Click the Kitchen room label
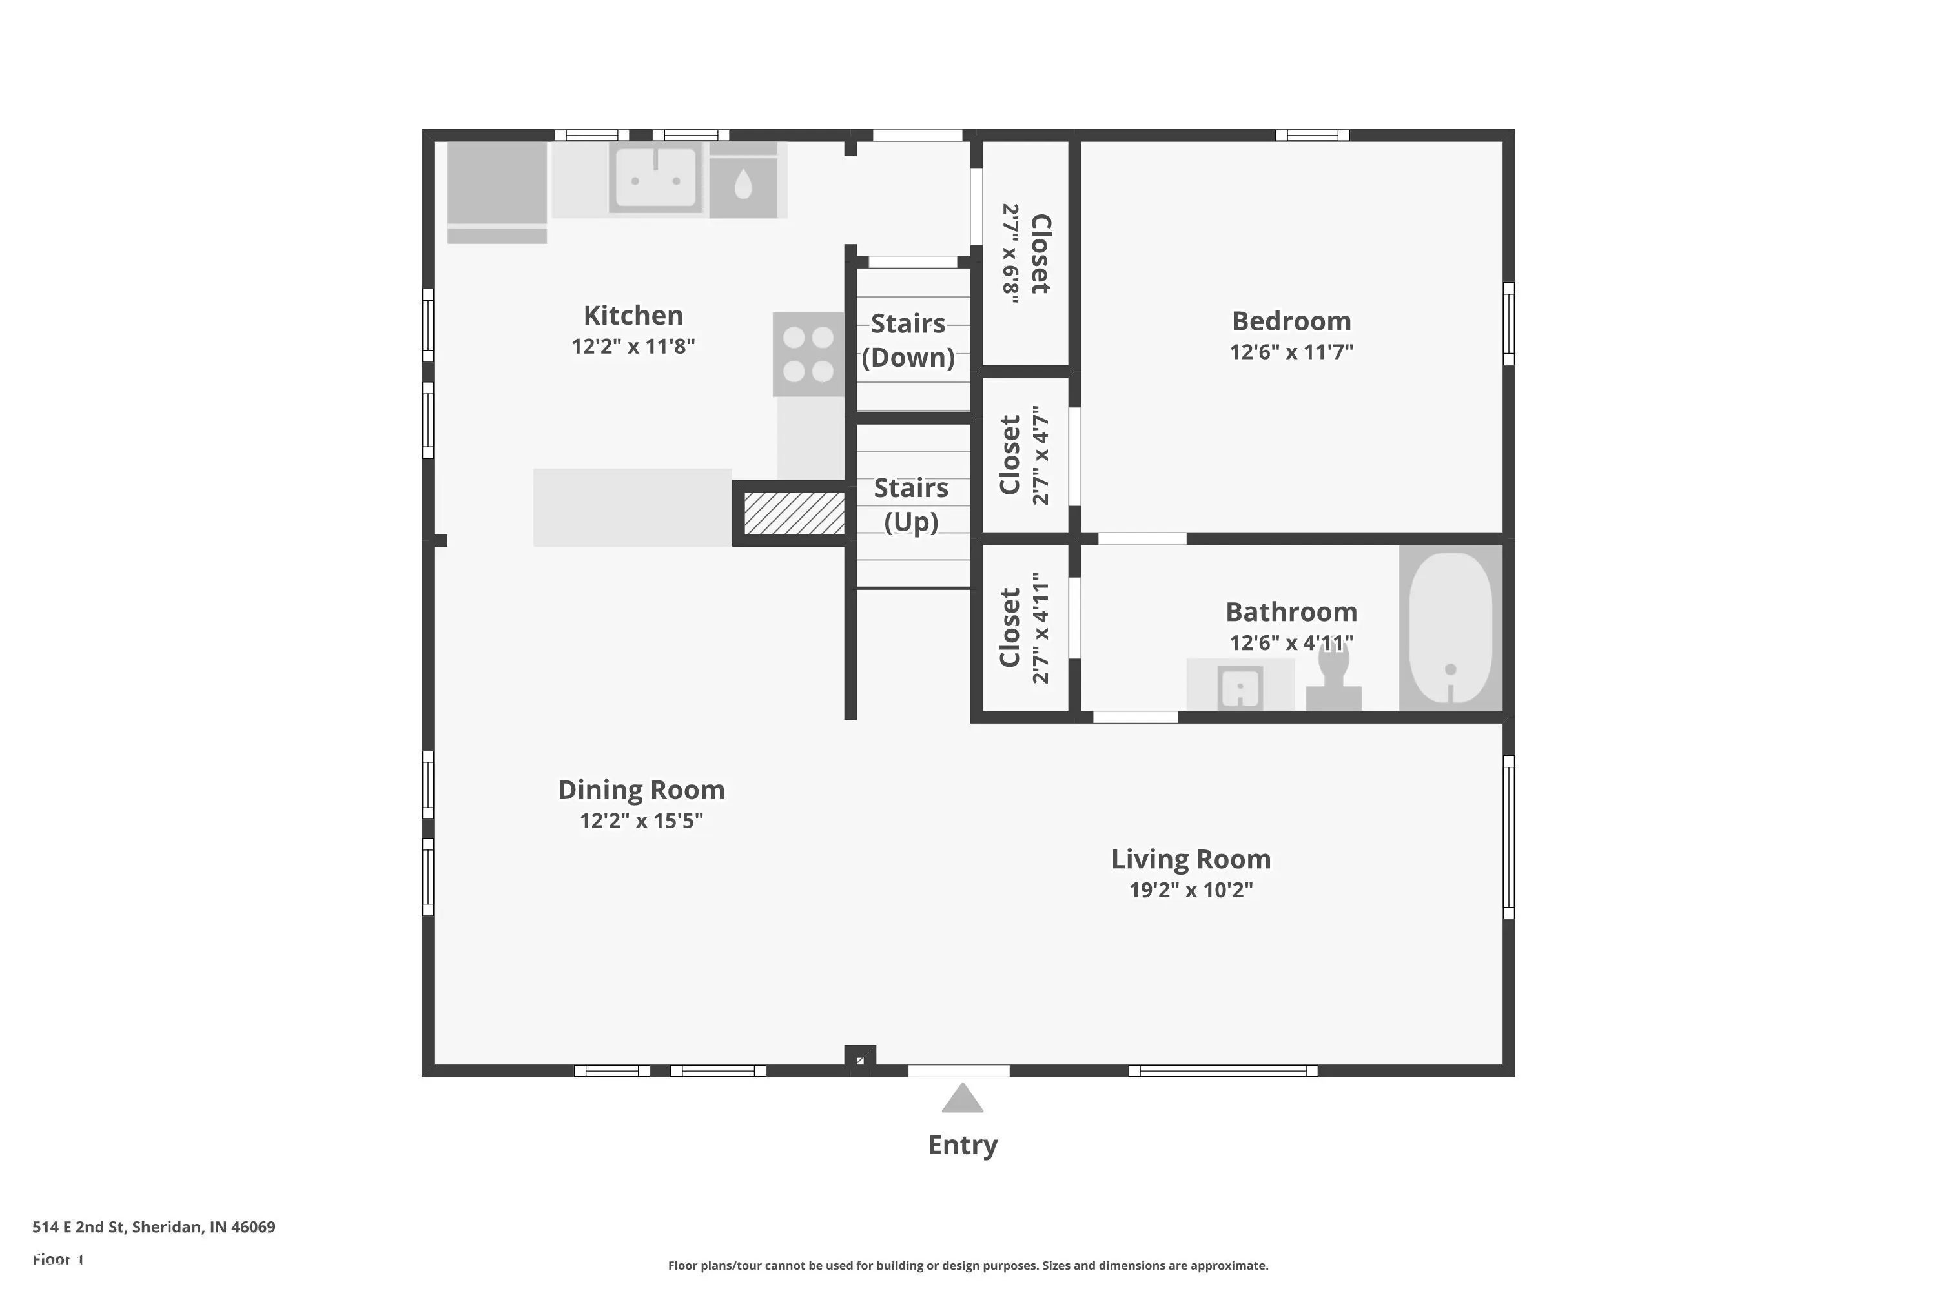633,316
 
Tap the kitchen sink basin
655,177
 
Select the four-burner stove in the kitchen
808,354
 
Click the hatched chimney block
794,513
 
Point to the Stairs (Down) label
908,340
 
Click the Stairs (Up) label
911,504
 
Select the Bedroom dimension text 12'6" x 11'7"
1291,352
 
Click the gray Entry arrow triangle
962,1099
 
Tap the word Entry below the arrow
962,1145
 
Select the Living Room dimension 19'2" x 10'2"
1190,890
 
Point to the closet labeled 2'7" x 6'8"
1026,254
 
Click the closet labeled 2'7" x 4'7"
1025,454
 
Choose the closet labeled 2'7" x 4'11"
1025,627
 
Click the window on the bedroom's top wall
1312,135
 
